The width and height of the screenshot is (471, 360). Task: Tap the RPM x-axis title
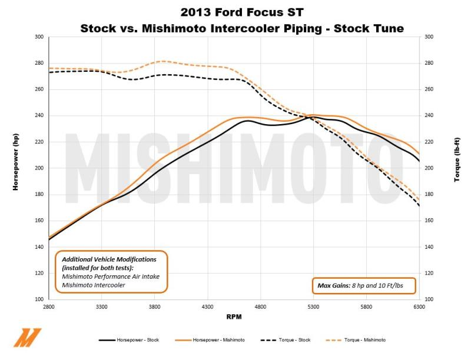pos(234,317)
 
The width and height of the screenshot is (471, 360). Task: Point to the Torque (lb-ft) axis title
pos(457,168)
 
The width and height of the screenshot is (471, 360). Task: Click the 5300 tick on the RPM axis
pos(313,306)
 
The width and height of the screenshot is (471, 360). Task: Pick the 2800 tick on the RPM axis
pos(49,306)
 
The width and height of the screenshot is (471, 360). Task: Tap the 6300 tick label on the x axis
pos(419,306)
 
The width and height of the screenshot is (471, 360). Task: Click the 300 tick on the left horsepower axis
pos(39,37)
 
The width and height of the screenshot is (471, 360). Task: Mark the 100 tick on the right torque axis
pos(429,299)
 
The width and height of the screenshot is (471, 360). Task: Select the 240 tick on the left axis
pos(39,116)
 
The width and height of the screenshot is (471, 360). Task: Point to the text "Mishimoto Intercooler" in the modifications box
pos(94,285)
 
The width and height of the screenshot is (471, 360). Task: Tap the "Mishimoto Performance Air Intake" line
pos(111,276)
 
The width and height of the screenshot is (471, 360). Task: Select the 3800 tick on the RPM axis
pos(155,306)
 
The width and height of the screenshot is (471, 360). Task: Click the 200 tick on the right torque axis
pos(429,168)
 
